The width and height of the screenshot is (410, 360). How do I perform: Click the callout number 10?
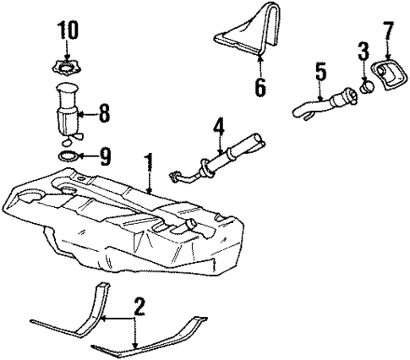click(67, 33)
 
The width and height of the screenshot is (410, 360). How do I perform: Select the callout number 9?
click(105, 155)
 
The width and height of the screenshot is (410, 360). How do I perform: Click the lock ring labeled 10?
click(67, 67)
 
